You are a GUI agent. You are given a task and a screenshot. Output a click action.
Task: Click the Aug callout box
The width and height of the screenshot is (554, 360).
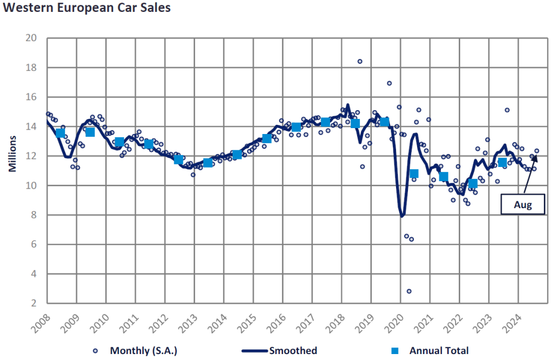[523, 205]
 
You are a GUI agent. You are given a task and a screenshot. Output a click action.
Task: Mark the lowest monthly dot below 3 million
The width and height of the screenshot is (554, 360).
[409, 291]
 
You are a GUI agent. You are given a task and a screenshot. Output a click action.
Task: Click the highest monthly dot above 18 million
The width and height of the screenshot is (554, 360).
[360, 61]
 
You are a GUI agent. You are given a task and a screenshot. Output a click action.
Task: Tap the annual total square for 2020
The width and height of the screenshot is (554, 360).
[414, 174]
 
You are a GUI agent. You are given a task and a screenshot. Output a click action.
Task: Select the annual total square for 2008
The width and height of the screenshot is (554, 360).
[61, 133]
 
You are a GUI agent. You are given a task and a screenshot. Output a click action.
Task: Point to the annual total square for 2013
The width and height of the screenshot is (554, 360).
[208, 163]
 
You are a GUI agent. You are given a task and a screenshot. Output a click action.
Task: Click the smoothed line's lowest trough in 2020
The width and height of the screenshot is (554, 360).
[402, 216]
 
